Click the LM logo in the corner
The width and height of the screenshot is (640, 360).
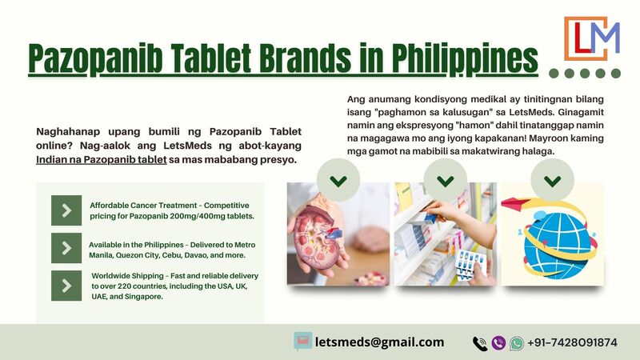[592, 38]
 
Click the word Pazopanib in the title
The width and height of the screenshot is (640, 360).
[95, 58]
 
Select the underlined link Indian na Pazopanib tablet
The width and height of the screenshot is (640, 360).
[102, 159]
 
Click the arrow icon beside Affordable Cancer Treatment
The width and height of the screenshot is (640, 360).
[66, 210]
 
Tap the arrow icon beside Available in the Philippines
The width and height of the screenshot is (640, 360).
[66, 248]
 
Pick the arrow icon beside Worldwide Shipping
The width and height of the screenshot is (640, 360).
[66, 286]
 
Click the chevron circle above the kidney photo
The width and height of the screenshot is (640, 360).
[338, 180]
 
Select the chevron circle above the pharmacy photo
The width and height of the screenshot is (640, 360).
[446, 180]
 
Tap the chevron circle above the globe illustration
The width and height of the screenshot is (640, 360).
[552, 180]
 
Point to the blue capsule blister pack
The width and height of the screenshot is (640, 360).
[471, 263]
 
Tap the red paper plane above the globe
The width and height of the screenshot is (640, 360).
[516, 203]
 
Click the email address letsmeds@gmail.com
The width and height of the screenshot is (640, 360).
[379, 342]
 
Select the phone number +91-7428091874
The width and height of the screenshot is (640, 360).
[572, 342]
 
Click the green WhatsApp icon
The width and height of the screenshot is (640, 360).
[516, 343]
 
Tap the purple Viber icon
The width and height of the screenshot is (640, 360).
[498, 343]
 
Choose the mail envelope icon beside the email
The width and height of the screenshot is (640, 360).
[303, 342]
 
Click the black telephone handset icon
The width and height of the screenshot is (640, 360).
[480, 344]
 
